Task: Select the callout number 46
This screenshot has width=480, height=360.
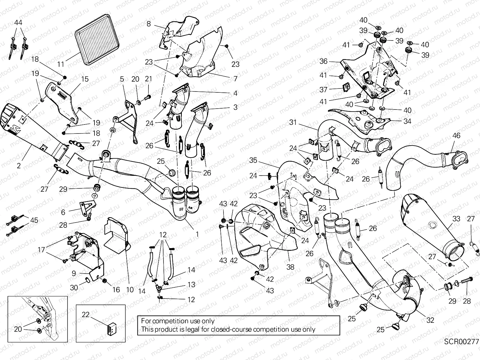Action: click(x=456, y=136)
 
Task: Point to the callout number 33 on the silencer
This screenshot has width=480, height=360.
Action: click(x=456, y=219)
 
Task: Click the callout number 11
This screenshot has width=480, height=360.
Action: click(x=61, y=64)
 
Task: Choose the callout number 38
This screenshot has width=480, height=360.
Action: click(x=290, y=267)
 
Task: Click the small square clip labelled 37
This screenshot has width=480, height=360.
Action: click(x=347, y=87)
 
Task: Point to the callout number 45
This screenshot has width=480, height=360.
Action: click(x=34, y=220)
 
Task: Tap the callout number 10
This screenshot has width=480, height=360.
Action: click(x=130, y=289)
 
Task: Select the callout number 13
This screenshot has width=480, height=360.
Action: click(x=191, y=284)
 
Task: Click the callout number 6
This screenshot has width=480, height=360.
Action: click(x=63, y=212)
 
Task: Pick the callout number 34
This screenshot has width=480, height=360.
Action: click(x=407, y=121)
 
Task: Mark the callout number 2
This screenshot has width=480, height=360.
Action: click(x=19, y=165)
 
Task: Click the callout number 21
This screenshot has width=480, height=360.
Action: click(x=148, y=79)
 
